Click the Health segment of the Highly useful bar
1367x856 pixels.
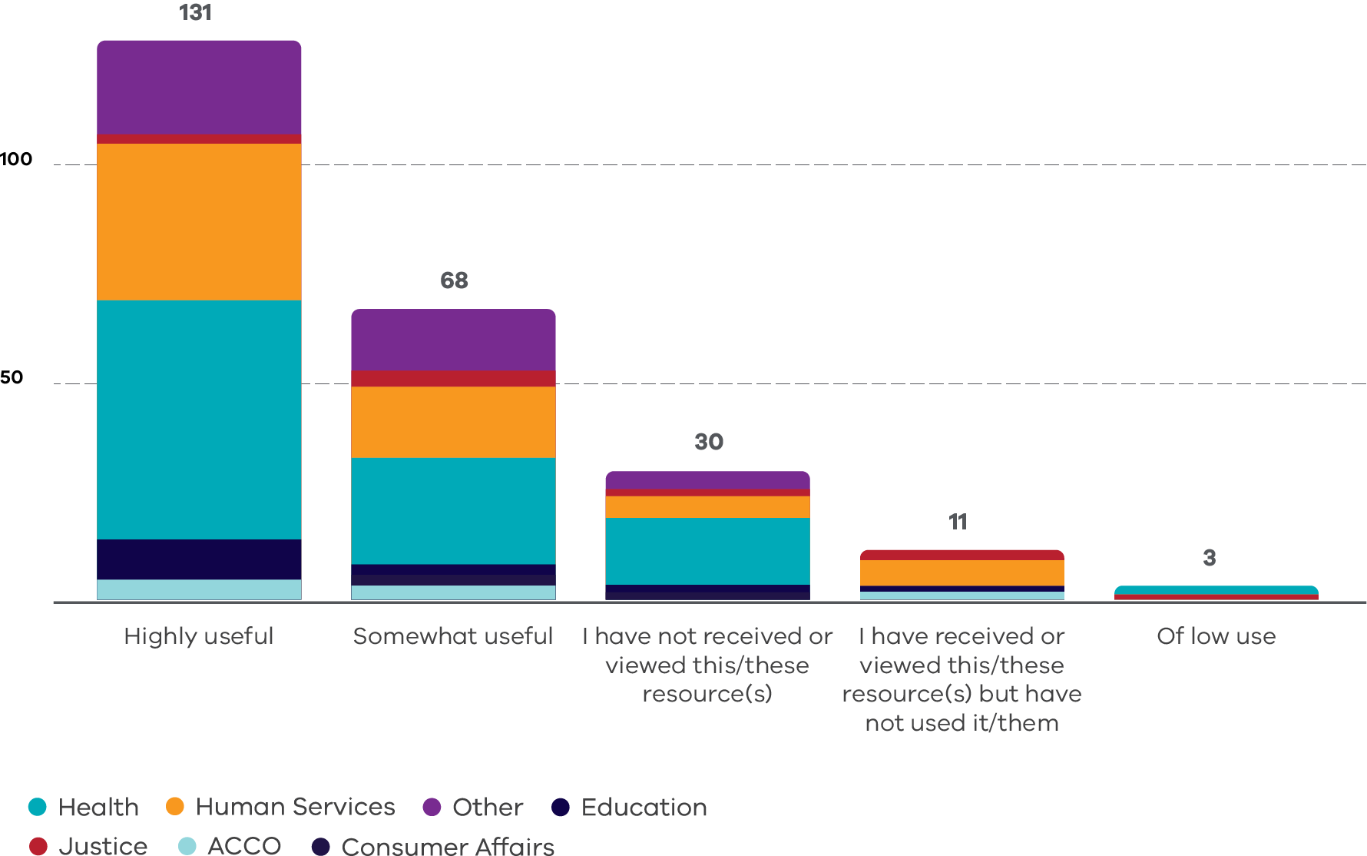coord(199,419)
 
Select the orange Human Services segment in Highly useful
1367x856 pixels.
coord(199,221)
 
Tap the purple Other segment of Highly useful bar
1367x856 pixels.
coord(199,88)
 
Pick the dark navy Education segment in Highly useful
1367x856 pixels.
coord(199,559)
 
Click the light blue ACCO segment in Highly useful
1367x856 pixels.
coord(199,589)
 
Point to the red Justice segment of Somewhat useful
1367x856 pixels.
coord(453,379)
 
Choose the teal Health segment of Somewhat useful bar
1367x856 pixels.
coord(453,511)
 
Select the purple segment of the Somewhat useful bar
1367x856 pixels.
coord(453,340)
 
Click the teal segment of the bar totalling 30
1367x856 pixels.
coord(707,551)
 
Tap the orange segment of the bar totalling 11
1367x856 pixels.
coord(962,572)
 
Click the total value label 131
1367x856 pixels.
coord(195,13)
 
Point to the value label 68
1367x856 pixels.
coord(454,280)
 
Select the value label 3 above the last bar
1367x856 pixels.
coord(1210,558)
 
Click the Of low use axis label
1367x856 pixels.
coord(1216,636)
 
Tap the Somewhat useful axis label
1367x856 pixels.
coord(453,636)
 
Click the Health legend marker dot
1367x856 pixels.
coord(37,807)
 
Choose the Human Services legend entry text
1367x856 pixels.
coord(295,807)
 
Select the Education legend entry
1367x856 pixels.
coord(644,808)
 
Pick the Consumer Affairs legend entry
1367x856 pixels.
coord(447,846)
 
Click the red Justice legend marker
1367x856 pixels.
coord(38,846)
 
